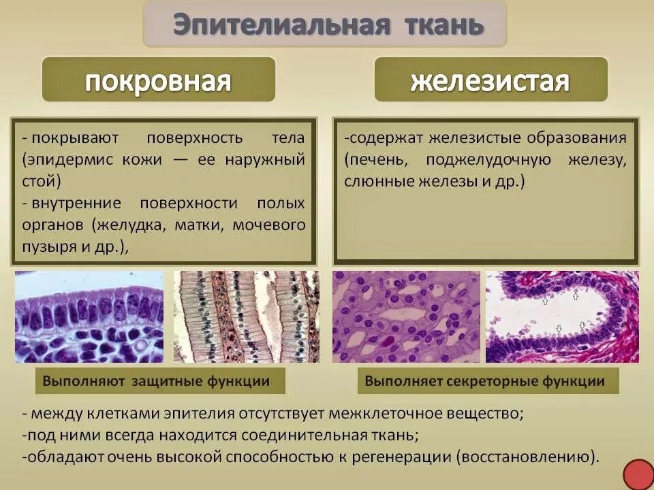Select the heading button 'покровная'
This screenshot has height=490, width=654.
pos(158,81)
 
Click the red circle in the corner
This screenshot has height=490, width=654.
pos(638,474)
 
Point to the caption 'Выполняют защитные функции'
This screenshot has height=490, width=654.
pos(156,381)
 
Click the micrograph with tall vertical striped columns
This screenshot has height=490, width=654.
pos(246,316)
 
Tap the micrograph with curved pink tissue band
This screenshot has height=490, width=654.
pos(562,316)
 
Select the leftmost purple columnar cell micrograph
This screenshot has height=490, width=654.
pos(89,316)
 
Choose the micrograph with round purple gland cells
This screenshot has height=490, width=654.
pos(406,316)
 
